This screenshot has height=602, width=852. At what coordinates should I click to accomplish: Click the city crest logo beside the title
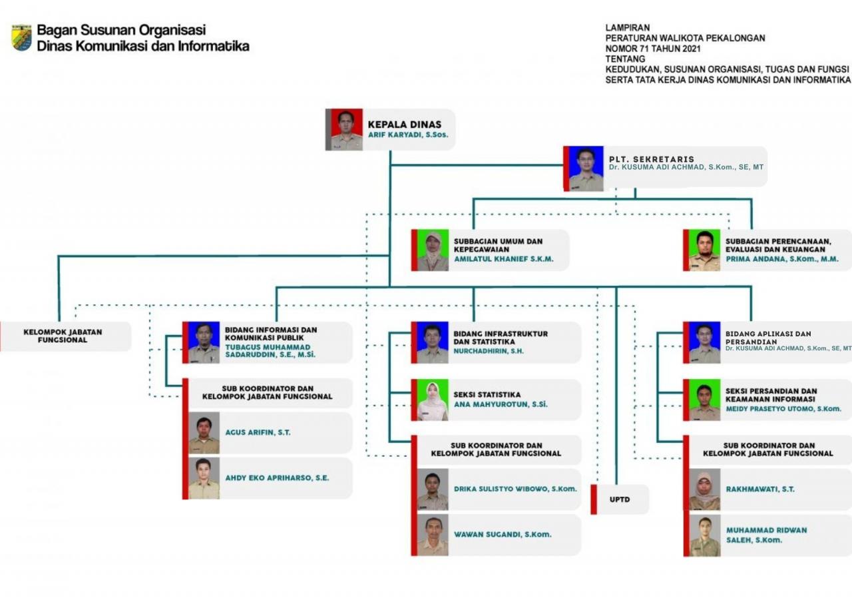[x=22, y=38]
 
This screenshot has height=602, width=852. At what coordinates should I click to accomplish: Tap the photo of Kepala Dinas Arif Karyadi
[x=347, y=129]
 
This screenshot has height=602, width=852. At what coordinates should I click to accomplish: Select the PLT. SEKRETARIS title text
[x=651, y=159]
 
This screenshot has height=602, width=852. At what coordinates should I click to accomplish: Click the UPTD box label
[x=620, y=499]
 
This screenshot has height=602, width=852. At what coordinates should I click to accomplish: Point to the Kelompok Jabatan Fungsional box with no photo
[x=65, y=336]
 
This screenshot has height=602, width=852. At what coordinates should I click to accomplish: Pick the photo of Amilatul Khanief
[x=433, y=250]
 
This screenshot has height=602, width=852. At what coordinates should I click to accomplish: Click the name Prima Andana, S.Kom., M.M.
[x=782, y=259]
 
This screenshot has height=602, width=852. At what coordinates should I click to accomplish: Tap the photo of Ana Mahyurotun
[x=433, y=400]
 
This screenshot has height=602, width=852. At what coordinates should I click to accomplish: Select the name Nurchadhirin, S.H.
[x=489, y=351]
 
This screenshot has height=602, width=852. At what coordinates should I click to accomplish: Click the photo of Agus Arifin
[x=204, y=433]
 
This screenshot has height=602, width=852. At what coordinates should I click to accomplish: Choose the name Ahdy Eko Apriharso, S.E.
[x=277, y=478]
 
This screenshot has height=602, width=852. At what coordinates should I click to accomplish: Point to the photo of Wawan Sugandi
[x=433, y=535]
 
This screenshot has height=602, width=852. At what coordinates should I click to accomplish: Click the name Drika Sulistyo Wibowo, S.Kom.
[x=515, y=489]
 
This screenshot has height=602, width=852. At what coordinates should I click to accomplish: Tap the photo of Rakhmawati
[x=705, y=489]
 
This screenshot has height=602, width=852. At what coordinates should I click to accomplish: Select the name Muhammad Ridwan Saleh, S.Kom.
[x=766, y=535]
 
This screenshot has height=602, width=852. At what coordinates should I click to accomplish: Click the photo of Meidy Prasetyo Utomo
[x=705, y=400]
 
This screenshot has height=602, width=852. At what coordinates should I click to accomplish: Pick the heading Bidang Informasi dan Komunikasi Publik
[x=271, y=334]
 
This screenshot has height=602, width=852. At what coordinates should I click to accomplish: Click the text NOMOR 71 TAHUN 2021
[x=653, y=49]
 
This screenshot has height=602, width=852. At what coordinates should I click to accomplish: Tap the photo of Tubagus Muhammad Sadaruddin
[x=204, y=342]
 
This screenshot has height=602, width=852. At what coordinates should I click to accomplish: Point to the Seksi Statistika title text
[x=487, y=395]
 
